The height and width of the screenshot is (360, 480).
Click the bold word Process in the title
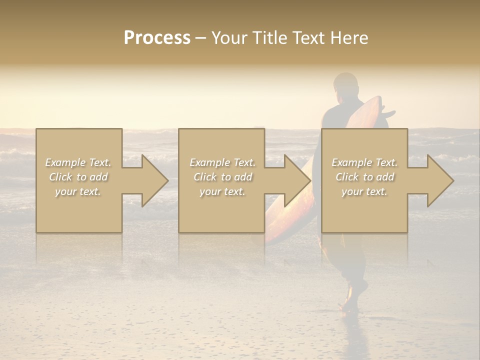pos(157,38)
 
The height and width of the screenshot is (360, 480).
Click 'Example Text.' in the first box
pos(78,162)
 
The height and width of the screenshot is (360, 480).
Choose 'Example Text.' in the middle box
pos(222,162)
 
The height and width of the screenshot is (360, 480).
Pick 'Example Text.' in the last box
pos(364,162)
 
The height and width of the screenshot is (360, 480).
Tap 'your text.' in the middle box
pos(222,191)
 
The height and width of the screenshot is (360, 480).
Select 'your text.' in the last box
pos(364,191)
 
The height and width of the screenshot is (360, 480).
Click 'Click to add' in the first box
pos(78,177)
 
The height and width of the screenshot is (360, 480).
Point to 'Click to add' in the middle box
pos(222,177)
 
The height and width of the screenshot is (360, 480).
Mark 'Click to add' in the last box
pos(364,177)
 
